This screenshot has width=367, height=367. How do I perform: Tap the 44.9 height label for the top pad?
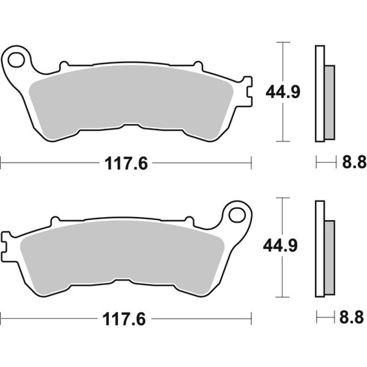click(283, 92)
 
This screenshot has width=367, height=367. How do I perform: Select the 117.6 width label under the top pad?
click(125, 164)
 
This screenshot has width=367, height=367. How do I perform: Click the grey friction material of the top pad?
click(130, 99)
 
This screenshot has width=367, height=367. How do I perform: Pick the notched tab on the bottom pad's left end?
click(6, 242)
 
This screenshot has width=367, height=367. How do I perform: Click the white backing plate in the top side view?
click(320, 94)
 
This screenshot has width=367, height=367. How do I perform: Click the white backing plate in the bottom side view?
click(320, 248)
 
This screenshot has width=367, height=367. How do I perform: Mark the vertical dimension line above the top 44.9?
click(283, 61)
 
